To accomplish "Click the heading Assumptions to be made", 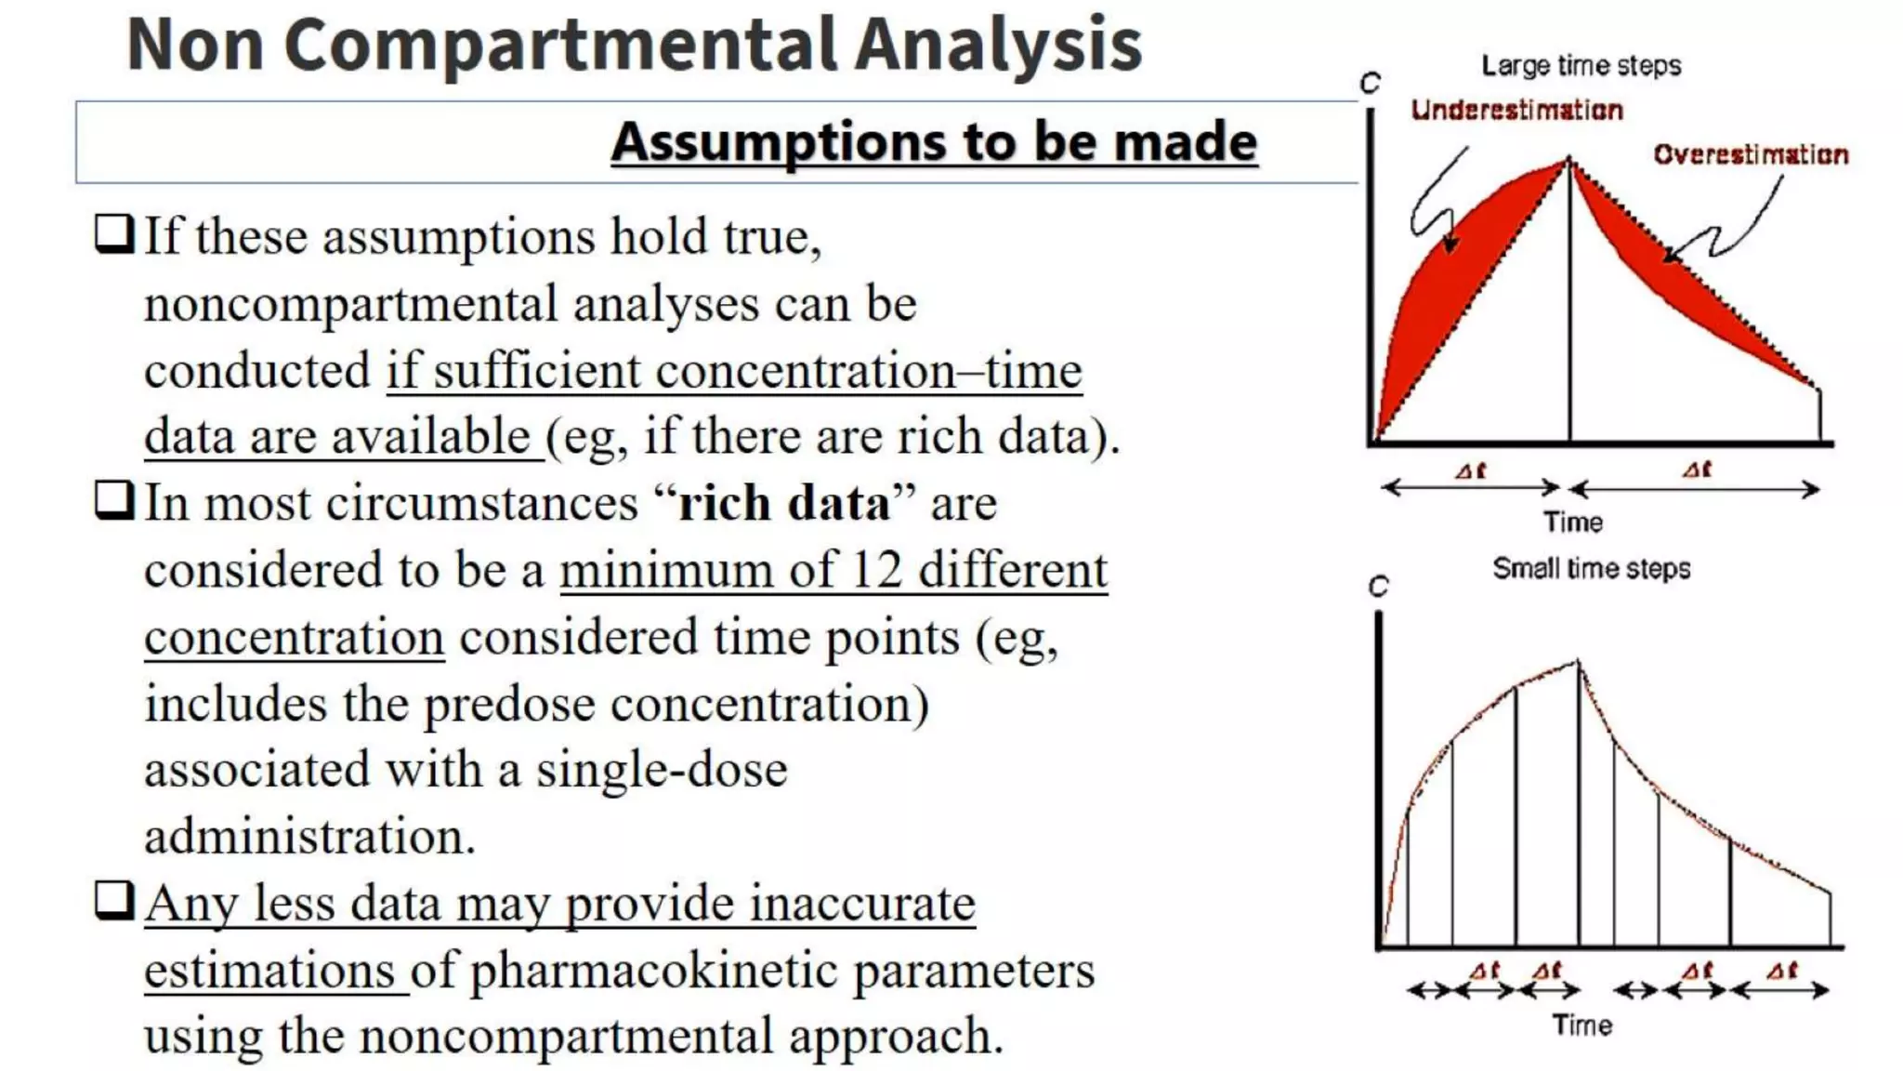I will [934, 142].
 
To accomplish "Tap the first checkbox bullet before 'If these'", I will [115, 234].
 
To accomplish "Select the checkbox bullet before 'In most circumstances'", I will [115, 501].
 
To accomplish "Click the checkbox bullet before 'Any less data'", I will [115, 901].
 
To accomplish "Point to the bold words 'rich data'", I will [783, 503].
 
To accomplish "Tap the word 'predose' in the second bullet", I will [509, 704].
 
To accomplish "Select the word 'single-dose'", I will [662, 771].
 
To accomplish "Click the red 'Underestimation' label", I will [1516, 110].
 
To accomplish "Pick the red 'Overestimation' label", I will [1751, 154].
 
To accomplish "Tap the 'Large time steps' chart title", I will [1581, 66].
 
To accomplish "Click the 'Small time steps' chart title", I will [1591, 569].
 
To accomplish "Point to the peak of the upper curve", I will [1569, 161].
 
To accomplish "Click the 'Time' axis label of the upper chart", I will [1573, 522].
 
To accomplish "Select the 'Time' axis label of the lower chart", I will [1581, 1025].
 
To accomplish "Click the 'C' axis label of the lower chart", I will [1378, 587].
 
